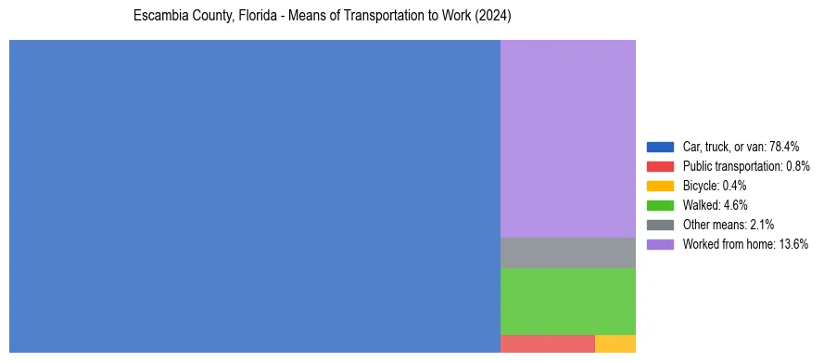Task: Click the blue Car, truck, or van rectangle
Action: click(x=255, y=196)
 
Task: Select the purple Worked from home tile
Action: click(x=567, y=138)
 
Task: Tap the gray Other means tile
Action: click(x=567, y=252)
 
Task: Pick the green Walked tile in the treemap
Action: click(x=567, y=301)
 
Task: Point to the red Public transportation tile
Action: click(x=547, y=343)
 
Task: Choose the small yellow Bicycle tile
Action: click(x=615, y=343)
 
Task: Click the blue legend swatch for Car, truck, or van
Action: click(x=660, y=147)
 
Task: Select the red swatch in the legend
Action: click(x=660, y=166)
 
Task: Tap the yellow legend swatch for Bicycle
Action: click(x=660, y=186)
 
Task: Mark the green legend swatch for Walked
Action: click(x=660, y=205)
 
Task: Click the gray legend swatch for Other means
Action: click(x=660, y=225)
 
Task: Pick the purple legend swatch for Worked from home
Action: click(x=660, y=244)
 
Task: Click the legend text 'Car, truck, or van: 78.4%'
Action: click(x=741, y=147)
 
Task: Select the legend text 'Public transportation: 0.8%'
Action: click(x=746, y=166)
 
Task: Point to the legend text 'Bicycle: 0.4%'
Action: click(x=715, y=186)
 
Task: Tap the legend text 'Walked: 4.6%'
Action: click(x=715, y=205)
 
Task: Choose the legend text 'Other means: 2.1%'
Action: click(x=728, y=225)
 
